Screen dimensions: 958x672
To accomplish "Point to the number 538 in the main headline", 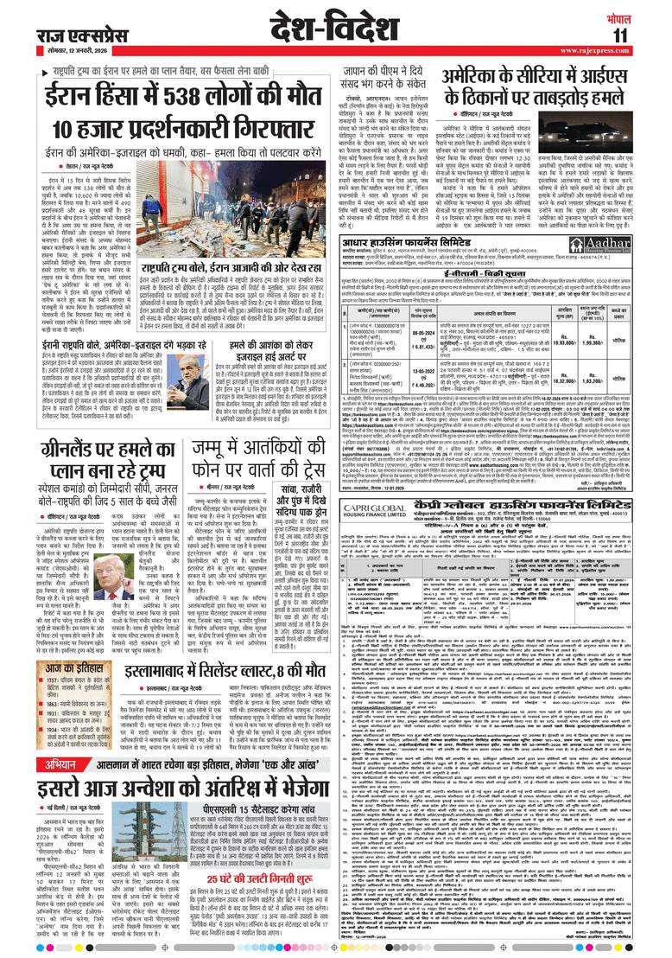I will [190, 95].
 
